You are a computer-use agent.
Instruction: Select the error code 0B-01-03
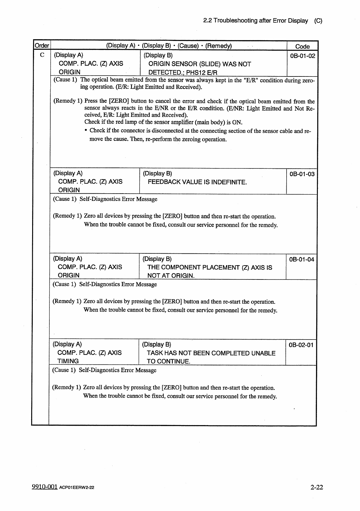tap(302, 174)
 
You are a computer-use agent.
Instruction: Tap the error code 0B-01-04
tap(302, 259)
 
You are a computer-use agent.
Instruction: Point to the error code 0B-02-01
tap(301, 345)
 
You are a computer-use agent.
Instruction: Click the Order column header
tap(42, 46)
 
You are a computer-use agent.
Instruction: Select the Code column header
tap(302, 46)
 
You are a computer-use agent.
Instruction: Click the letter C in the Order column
tap(42, 55)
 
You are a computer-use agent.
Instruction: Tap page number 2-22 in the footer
tap(316, 487)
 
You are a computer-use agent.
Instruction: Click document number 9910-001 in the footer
tap(45, 487)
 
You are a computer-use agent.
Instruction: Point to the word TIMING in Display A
tap(68, 361)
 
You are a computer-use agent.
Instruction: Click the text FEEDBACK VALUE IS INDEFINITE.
tap(197, 182)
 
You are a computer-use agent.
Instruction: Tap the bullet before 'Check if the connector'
tap(86, 131)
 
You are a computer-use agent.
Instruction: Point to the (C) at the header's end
tap(318, 21)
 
